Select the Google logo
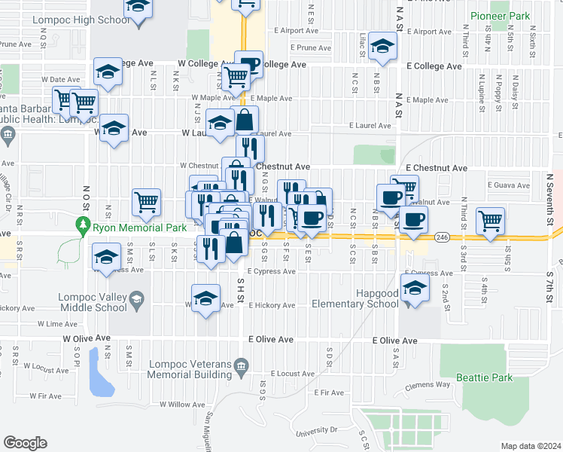[x=26, y=443]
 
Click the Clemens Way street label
[x=430, y=384]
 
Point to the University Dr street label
[x=317, y=430]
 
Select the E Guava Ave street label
[x=510, y=185]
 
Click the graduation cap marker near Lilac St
[x=383, y=46]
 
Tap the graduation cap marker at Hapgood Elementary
[x=415, y=287]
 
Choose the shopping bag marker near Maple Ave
[x=245, y=118]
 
